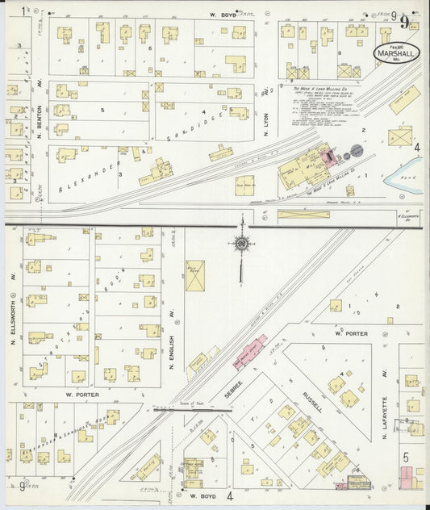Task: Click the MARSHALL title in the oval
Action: click(x=396, y=53)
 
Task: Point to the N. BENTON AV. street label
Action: click(x=38, y=129)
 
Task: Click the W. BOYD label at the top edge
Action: click(x=221, y=15)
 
